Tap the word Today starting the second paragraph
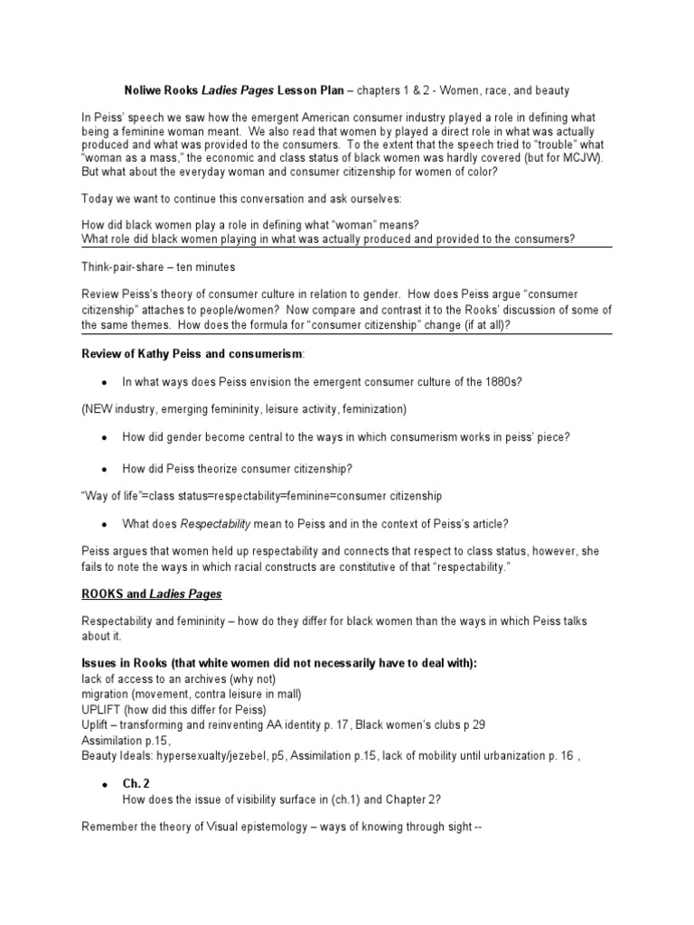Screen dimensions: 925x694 [98, 199]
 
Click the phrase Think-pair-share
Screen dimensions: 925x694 [126, 266]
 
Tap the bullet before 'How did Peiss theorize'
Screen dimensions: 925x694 [105, 468]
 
